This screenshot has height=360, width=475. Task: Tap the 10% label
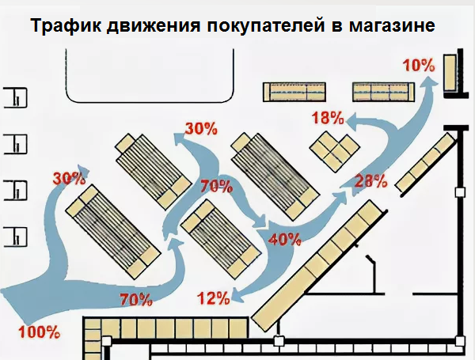(418, 66)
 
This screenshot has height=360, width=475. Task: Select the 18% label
(327, 119)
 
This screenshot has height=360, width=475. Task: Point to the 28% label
(371, 180)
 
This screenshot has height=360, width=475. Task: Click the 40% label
(285, 238)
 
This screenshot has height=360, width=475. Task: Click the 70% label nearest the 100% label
(135, 299)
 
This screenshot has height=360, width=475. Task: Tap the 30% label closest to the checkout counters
(69, 179)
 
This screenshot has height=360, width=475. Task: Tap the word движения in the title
(150, 26)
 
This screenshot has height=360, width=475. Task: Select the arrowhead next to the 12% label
(237, 294)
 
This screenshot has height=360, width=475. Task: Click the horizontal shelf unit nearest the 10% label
(382, 91)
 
